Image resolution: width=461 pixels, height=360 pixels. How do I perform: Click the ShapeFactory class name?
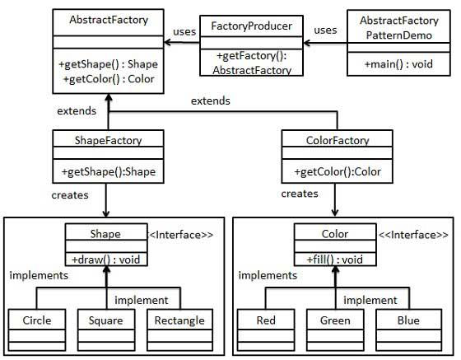pos(108,140)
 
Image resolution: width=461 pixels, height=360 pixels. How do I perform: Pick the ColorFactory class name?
pos(333,140)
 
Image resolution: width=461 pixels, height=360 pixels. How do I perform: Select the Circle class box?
pos(37,325)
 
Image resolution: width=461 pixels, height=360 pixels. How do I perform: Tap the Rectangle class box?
pos(178,325)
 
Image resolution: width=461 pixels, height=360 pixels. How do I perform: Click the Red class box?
pos(266,325)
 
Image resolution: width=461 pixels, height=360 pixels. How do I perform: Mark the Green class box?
pos(334,325)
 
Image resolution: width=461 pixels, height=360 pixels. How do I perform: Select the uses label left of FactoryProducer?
pos(184,32)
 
